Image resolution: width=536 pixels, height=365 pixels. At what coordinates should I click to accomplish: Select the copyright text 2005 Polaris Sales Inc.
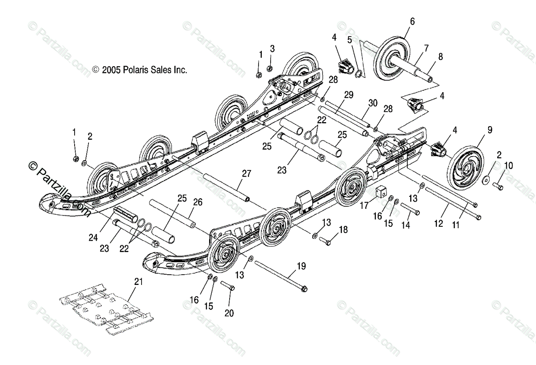[x=139, y=70]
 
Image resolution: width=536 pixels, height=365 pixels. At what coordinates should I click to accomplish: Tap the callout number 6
[x=412, y=21]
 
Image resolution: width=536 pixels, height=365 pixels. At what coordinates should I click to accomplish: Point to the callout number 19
[x=301, y=267]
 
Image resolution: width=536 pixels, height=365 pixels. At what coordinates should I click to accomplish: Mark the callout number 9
[x=490, y=130]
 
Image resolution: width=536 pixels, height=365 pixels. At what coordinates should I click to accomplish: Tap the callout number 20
[x=229, y=313]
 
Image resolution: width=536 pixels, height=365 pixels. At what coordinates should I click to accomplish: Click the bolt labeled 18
[x=326, y=242]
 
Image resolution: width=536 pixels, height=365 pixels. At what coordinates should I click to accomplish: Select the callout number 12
[x=439, y=223]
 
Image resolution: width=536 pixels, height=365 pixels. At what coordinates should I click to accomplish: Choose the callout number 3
[x=272, y=48]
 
